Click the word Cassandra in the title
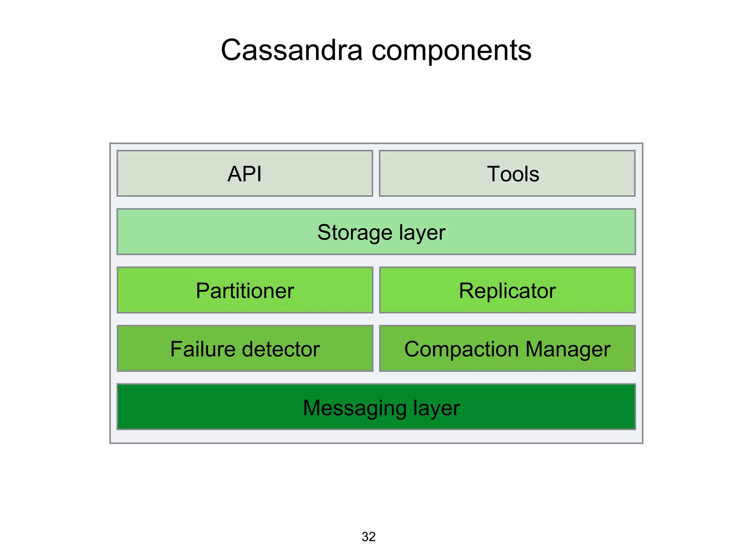click(291, 50)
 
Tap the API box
click(245, 173)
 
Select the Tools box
click(507, 173)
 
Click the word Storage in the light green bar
click(355, 233)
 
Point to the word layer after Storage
click(422, 233)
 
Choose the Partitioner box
click(245, 290)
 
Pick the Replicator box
click(507, 290)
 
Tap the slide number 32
click(368, 537)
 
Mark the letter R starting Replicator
click(466, 290)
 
